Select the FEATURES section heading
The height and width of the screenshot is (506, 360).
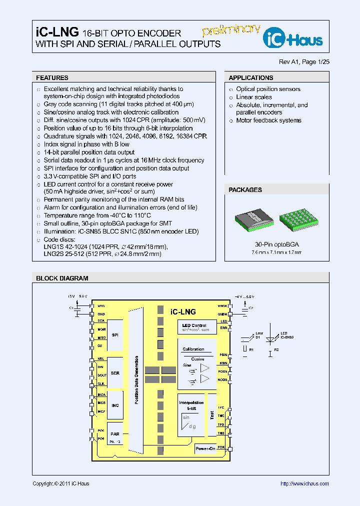(x=52, y=78)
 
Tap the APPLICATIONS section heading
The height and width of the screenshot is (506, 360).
(x=251, y=78)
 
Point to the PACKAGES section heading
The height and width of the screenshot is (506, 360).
(x=245, y=190)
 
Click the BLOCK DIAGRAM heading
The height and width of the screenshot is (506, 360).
(x=62, y=278)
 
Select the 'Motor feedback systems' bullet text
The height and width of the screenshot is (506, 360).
(x=268, y=120)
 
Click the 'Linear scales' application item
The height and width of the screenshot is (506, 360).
(x=254, y=97)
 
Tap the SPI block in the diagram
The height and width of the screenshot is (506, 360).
(x=115, y=335)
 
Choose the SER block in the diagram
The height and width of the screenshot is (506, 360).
(x=115, y=373)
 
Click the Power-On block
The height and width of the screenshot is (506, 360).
(x=205, y=448)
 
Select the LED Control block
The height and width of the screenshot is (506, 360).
(x=196, y=327)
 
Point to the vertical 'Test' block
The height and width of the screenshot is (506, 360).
(x=212, y=414)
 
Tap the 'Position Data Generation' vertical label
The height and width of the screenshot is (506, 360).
(x=136, y=380)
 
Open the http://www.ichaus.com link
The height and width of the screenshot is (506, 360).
(x=304, y=483)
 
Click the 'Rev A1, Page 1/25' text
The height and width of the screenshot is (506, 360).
(x=304, y=62)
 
